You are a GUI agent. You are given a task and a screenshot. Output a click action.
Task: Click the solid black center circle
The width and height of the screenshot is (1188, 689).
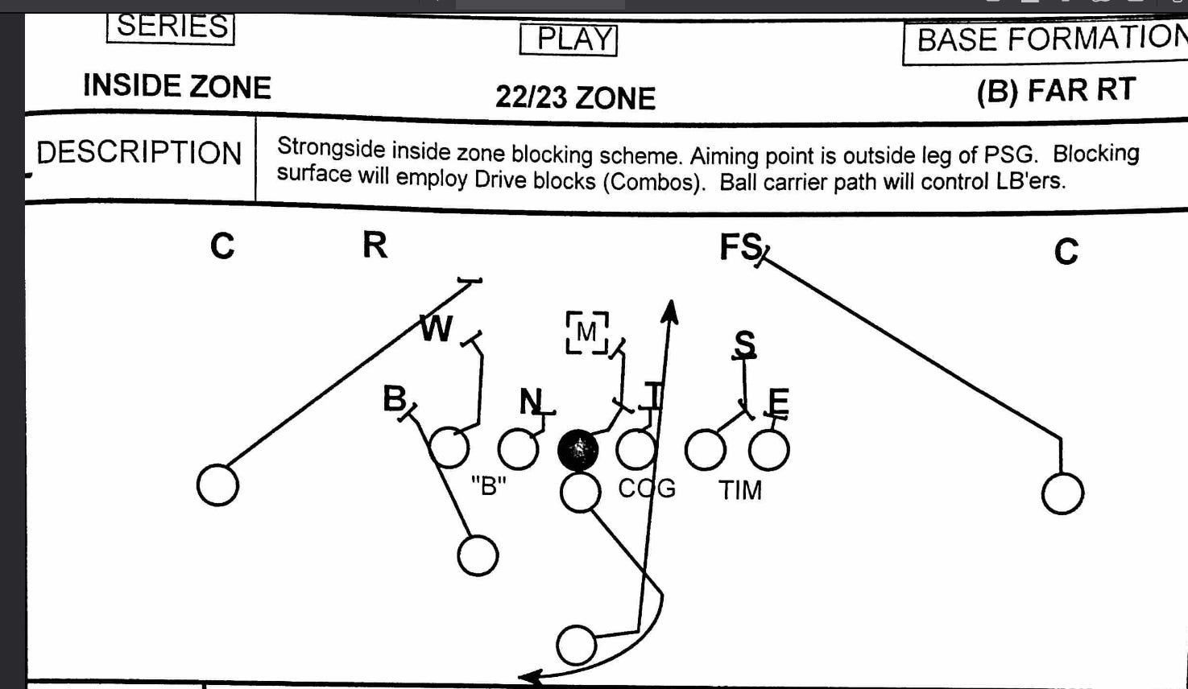[x=577, y=450]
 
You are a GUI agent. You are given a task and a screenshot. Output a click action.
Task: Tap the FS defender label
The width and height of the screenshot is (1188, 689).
[x=740, y=246]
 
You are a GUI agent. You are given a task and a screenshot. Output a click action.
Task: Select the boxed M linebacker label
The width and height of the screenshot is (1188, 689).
[x=586, y=332]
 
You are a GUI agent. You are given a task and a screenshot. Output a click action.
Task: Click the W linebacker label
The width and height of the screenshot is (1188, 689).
[x=437, y=328]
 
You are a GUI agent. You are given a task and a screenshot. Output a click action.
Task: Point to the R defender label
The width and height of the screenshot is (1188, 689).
[x=375, y=245]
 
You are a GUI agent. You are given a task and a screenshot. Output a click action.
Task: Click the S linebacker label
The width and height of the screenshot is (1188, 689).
[x=745, y=344]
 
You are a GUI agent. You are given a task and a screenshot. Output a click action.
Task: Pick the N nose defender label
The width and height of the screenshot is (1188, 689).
[x=532, y=400]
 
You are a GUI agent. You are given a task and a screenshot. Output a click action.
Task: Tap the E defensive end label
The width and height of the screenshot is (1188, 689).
[x=778, y=401]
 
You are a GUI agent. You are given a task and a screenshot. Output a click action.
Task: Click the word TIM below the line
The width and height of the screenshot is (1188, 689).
[x=739, y=489]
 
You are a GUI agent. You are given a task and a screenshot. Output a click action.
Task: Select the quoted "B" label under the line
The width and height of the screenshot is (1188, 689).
[x=488, y=485]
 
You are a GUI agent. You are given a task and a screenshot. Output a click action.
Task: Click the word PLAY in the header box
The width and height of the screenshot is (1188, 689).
[x=569, y=39]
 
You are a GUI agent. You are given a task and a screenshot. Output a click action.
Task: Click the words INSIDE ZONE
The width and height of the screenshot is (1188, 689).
[x=177, y=87]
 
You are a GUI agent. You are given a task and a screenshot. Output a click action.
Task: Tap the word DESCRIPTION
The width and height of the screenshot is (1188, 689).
[x=139, y=153]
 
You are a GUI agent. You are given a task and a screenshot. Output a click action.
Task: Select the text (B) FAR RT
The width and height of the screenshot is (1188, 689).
[x=1056, y=91]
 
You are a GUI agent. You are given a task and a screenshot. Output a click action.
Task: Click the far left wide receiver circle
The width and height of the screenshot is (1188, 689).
[x=217, y=485]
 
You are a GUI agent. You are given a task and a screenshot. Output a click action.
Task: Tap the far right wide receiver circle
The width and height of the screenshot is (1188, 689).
[x=1062, y=493]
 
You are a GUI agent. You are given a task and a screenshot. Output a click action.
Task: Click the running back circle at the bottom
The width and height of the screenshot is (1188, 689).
[x=577, y=645]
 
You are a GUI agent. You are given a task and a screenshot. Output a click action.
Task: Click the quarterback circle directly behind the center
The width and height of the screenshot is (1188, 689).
[x=580, y=493]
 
